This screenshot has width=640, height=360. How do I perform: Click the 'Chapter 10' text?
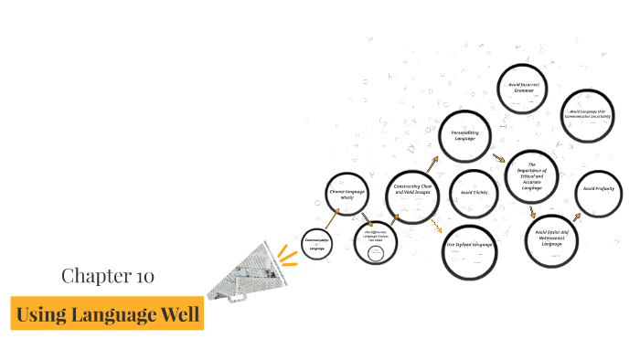click(x=108, y=275)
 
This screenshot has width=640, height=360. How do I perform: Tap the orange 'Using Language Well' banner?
click(x=108, y=314)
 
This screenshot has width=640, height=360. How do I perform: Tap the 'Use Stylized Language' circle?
click(x=469, y=249)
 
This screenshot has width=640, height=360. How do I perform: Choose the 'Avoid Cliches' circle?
click(x=474, y=193)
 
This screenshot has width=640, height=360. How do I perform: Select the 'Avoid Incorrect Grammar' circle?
click(x=525, y=90)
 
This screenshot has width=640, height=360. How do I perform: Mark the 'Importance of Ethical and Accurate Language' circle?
click(x=531, y=176)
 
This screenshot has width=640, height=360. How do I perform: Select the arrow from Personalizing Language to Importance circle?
click(x=498, y=157)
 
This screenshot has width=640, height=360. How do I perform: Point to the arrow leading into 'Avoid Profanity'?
click(x=577, y=217)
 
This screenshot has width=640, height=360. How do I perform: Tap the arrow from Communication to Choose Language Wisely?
click(x=333, y=216)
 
